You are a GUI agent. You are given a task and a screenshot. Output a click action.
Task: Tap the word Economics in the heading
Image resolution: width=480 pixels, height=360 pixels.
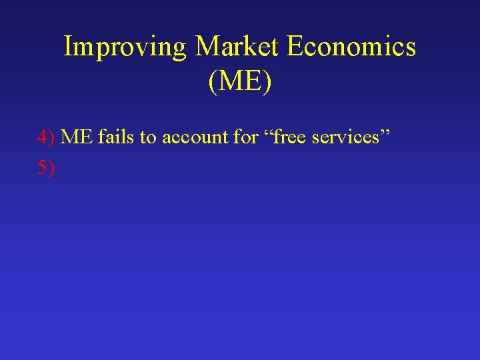click(x=351, y=47)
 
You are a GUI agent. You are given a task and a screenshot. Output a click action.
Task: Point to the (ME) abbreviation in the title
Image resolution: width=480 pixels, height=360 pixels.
click(x=240, y=82)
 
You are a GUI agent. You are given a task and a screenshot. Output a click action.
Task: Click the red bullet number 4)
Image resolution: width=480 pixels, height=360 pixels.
click(x=46, y=137)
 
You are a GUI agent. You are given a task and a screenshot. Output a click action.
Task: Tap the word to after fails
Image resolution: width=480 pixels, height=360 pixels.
click(x=148, y=137)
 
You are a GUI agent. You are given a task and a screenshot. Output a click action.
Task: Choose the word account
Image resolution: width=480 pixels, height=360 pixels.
click(x=195, y=137)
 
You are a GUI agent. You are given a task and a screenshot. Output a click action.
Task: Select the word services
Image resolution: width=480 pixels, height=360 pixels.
click(x=348, y=137)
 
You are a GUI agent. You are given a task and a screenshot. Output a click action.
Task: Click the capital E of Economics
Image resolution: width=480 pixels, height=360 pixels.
click(x=295, y=47)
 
